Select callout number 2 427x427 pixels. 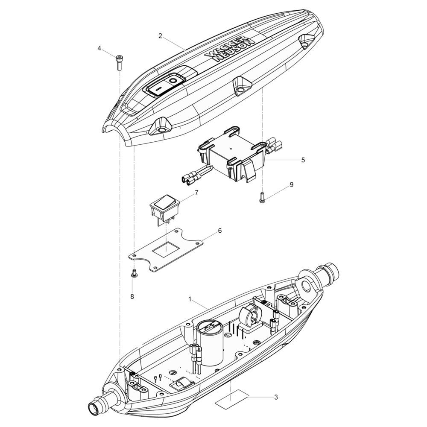tap(160, 36)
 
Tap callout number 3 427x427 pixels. tap(276, 397)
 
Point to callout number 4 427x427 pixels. tap(99, 48)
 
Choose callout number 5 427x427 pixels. tap(303, 160)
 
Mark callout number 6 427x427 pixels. tap(219, 231)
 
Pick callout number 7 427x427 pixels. tap(196, 193)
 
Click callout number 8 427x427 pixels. tap(132, 296)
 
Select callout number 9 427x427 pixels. tap(291, 184)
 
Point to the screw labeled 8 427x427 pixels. tap(134, 274)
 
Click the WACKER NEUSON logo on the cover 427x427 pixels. tap(229, 51)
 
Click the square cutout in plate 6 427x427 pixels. tap(164, 249)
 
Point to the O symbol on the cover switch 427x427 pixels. tap(173, 80)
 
